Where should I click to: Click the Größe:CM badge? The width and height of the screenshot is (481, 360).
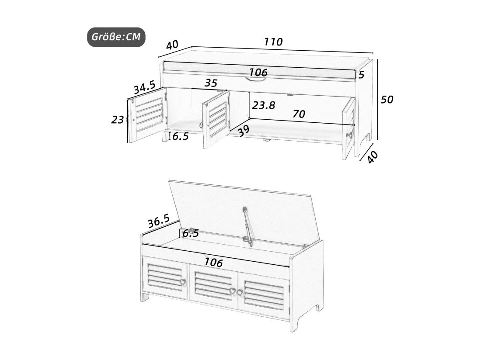(116, 37)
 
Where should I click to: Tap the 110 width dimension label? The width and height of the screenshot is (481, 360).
(273, 42)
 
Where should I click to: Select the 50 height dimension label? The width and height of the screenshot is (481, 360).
(387, 100)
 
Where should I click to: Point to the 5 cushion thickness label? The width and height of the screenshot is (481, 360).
(361, 74)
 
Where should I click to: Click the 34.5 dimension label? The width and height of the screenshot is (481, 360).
(144, 87)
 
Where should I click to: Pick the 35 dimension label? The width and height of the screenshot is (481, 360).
(211, 83)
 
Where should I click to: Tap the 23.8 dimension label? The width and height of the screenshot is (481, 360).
(264, 105)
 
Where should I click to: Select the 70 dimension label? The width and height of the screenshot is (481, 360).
(299, 114)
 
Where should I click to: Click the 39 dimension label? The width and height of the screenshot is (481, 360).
(244, 131)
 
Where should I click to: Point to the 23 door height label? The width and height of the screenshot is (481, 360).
(117, 119)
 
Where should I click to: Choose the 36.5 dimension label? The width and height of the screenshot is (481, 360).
(159, 221)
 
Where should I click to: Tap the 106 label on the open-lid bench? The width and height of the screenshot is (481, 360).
(213, 262)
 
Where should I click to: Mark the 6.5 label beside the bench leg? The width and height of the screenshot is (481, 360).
(180, 136)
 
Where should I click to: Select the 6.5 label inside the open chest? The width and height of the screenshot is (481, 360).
(191, 233)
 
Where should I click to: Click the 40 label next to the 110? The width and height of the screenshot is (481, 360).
(172, 45)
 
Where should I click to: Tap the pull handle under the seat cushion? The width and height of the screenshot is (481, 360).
(255, 80)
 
